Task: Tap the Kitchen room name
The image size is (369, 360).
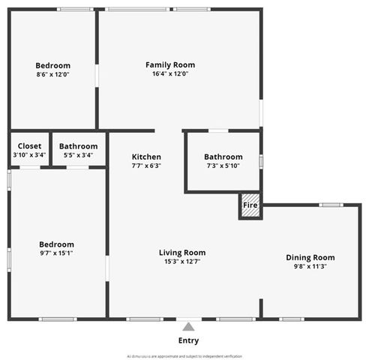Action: pos(146,157)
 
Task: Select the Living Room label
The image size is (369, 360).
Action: pos(182,253)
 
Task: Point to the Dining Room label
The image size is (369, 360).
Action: pos(310,257)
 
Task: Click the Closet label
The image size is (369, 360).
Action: pos(29,146)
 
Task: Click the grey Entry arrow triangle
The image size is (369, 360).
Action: pos(188,326)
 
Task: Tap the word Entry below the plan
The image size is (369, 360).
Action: pos(188,341)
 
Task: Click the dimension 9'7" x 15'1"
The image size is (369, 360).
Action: pos(56,253)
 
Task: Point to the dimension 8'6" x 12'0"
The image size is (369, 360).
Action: pos(52,74)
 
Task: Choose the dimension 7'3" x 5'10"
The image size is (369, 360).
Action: pos(223,166)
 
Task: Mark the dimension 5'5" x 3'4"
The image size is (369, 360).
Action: pos(78,155)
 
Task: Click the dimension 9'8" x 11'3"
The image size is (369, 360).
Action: pos(310,266)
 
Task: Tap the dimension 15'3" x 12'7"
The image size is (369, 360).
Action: pos(182,262)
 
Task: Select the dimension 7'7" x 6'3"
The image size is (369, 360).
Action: pos(146,166)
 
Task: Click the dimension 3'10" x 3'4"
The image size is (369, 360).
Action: pos(29,155)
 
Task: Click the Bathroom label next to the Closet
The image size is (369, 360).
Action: pos(78,146)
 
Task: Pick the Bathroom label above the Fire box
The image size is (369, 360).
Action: pos(223,157)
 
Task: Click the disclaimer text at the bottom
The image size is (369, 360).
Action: pos(184,355)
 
